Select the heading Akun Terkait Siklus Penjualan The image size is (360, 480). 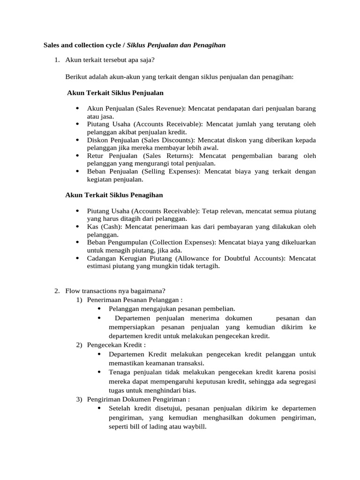(115, 93)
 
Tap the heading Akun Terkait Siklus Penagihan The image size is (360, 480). (114, 195)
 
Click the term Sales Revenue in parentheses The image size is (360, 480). (161, 108)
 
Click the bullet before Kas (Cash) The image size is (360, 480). (77, 227)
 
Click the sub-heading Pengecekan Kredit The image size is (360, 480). (115, 345)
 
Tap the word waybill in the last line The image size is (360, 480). (194, 427)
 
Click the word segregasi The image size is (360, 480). (300, 381)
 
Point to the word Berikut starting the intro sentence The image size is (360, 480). (76, 76)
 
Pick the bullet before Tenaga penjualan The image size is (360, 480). (99, 372)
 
